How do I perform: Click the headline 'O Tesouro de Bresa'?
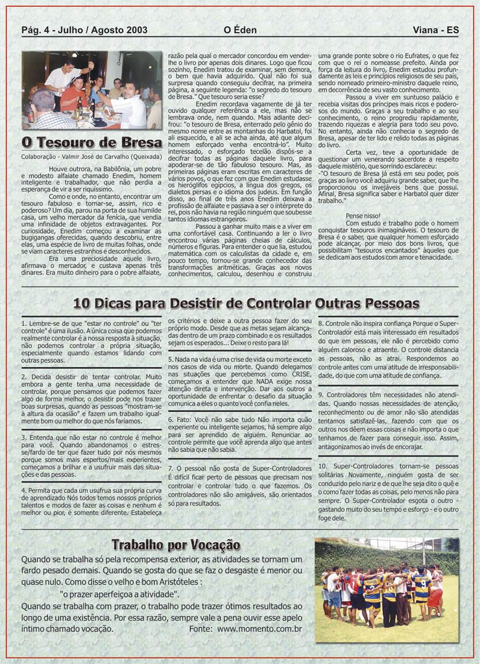click(92, 143)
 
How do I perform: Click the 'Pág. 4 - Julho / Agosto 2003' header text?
click(84, 30)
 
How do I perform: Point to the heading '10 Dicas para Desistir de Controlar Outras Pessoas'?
click(239, 302)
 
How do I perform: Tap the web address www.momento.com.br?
click(260, 628)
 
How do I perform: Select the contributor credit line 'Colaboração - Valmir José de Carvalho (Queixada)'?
click(91, 157)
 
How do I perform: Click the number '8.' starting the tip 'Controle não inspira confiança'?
click(320, 324)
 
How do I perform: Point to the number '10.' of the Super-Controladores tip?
click(322, 466)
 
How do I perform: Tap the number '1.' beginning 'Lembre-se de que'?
click(24, 324)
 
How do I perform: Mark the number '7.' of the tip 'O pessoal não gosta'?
click(171, 468)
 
